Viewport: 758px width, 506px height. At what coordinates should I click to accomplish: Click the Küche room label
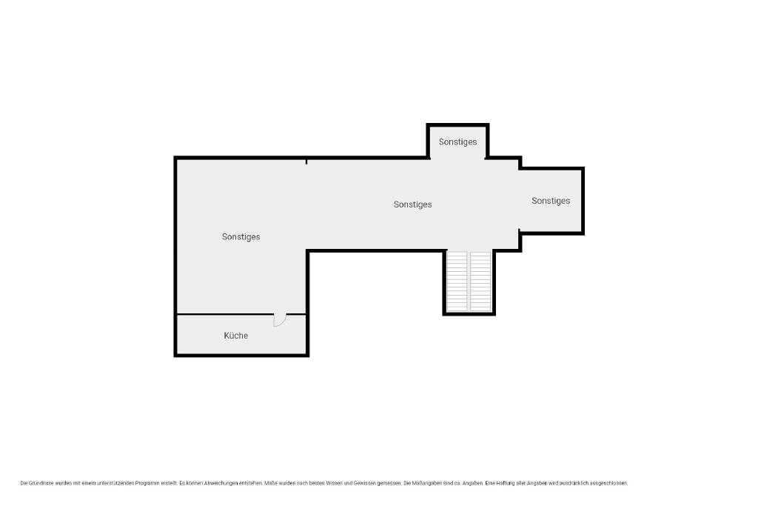coord(236,336)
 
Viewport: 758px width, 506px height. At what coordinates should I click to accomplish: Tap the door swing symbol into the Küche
coord(280,320)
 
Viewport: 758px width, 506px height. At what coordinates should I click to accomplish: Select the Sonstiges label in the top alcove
coord(457,142)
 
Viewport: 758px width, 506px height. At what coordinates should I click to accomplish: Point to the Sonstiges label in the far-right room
coord(551,201)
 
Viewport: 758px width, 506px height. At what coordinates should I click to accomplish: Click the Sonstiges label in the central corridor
coord(412,204)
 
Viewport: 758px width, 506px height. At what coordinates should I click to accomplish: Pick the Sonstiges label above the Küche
coord(241,236)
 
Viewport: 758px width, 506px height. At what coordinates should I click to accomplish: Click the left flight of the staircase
coord(457,281)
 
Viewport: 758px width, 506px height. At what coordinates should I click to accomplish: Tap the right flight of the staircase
coord(480,281)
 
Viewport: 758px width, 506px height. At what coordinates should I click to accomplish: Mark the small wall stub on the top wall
coord(306,162)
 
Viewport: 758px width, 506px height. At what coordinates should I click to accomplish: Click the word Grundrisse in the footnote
coord(41,483)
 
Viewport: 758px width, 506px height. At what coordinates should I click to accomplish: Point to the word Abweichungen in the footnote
coord(219,483)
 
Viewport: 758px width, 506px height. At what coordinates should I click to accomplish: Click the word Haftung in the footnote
coord(506,483)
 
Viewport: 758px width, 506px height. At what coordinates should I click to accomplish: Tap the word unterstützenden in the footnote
coord(115,483)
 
